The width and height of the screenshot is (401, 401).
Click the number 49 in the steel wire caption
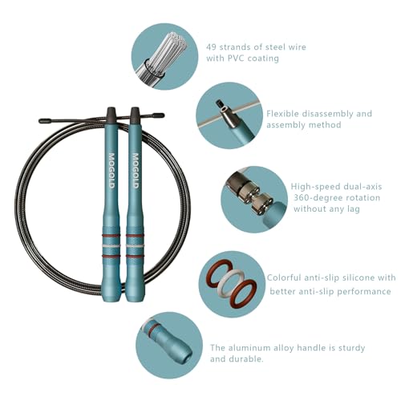tap(212, 47)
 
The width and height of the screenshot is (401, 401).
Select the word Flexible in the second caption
tap(282, 114)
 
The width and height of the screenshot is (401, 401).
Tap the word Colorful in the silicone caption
tap(284, 277)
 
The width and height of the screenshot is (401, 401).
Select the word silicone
tap(356, 277)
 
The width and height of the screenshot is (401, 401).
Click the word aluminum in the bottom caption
tap(252, 348)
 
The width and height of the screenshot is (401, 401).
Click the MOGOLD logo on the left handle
tap(111, 171)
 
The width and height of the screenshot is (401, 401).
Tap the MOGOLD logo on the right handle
tap(136, 171)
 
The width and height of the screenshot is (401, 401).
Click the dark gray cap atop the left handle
tap(111, 115)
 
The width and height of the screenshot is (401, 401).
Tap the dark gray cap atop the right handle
tap(135, 115)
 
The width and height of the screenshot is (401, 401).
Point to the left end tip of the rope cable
tap(40, 121)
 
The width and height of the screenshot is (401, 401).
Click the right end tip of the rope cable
tap(163, 115)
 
